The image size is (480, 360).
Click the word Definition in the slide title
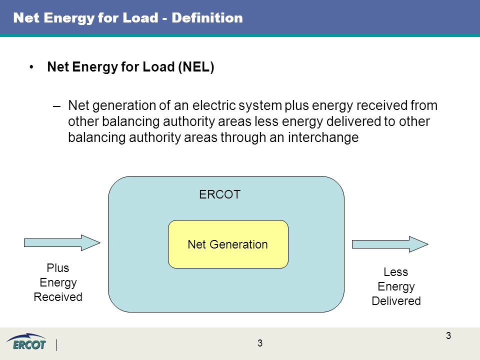point(207,18)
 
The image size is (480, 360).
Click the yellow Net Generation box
point(228,244)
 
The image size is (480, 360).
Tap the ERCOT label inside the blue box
point(220,194)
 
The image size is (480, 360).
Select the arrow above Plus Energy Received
point(62,243)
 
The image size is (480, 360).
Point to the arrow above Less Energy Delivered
point(390,244)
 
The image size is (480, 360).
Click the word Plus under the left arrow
point(58,268)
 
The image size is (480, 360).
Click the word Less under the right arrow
point(396,272)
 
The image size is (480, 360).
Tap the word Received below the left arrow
point(58,297)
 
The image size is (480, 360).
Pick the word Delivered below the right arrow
point(396,301)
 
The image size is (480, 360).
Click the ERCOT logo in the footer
point(26,342)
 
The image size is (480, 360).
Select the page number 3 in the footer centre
point(260,343)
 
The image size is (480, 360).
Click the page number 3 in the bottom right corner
point(448,336)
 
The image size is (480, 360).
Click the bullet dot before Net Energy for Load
point(31,67)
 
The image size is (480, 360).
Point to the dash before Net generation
point(56,106)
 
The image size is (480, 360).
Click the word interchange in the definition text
point(323,137)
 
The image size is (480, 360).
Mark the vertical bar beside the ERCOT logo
point(56,345)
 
